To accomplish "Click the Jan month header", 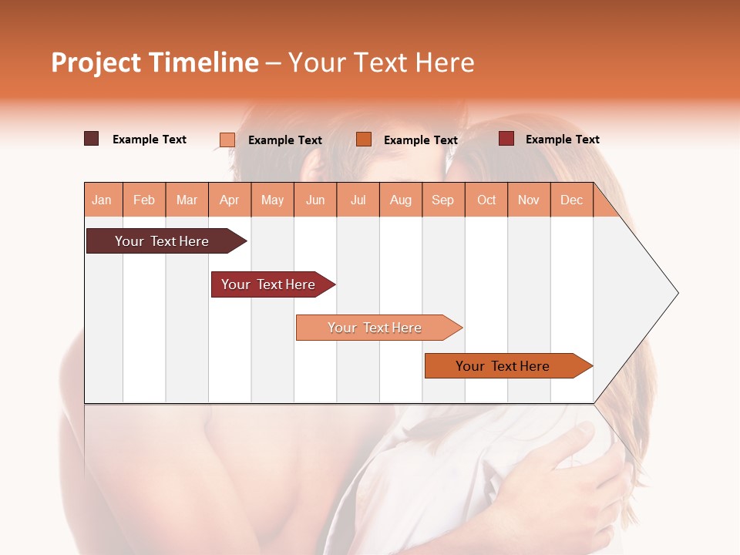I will tap(102, 200).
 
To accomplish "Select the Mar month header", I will tap(187, 200).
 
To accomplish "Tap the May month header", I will tap(272, 200).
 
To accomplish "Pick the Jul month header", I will tap(358, 200).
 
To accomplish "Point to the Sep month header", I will tap(442, 200).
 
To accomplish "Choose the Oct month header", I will tap(486, 200).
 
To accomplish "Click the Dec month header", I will tap(571, 200).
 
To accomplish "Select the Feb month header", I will tap(144, 200).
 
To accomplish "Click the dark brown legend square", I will tap(92, 139).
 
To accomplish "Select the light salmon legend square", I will tap(227, 140).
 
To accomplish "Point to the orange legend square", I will tap(364, 140).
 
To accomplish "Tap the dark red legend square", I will tap(506, 139).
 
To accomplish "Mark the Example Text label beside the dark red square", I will tap(562, 140).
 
